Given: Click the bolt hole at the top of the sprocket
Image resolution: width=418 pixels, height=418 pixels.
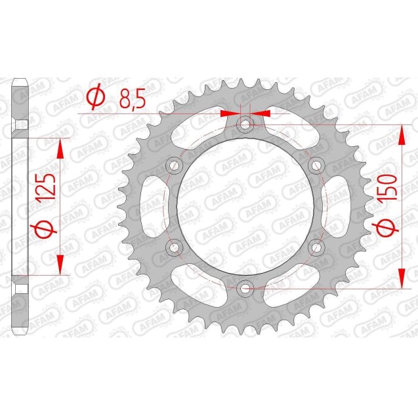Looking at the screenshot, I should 245,123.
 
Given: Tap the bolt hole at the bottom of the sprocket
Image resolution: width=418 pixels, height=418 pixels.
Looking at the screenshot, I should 245,287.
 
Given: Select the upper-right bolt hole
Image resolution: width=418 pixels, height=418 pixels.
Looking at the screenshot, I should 316,164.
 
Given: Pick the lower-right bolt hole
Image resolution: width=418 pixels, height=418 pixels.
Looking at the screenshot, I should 316,247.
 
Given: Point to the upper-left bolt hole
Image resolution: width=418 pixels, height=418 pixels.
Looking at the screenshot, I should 175,164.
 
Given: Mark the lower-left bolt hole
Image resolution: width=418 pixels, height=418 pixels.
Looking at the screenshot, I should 175,247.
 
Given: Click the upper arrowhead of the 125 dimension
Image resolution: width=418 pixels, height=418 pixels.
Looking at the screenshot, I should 61,148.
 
